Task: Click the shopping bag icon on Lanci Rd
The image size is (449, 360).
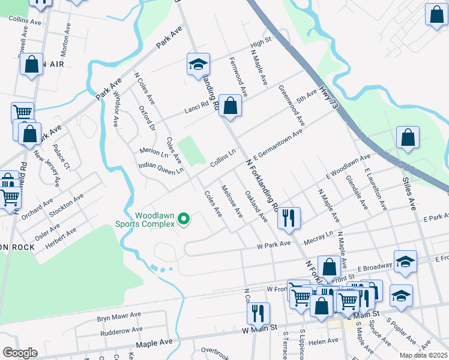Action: (x=230, y=106)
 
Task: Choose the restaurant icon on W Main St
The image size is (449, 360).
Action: (x=258, y=313)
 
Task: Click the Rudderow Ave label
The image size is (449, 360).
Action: (x=121, y=329)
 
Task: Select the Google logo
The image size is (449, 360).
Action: (x=20, y=353)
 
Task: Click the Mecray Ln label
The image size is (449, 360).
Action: (x=319, y=236)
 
